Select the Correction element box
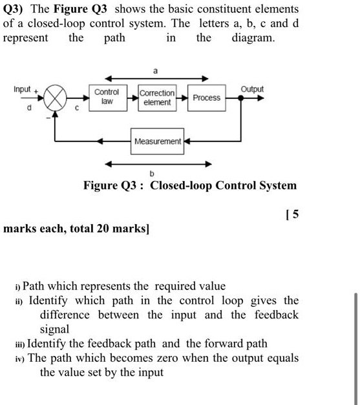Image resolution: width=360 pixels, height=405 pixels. coord(157,98)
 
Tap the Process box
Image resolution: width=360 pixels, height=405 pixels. coord(206,98)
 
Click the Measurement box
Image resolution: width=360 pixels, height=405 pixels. coord(158,141)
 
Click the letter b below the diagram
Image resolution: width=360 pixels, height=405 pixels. coord(152,173)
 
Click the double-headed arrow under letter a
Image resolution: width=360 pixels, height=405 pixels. coord(154,79)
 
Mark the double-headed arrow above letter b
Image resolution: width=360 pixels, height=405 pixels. coord(151,163)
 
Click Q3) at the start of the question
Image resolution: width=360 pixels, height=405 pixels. coord(16,10)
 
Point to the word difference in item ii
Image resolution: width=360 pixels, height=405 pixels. coord(67,315)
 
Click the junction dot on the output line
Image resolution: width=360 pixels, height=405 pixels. coord(240,99)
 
